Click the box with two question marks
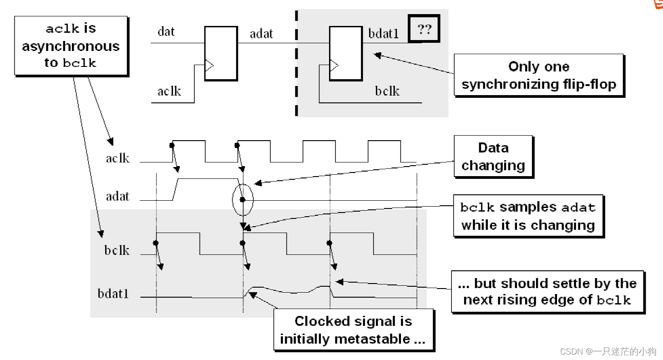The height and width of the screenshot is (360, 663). tap(424, 30)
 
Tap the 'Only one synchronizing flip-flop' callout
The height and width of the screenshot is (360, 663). tap(538, 75)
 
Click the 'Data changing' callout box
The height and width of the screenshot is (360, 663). tap(493, 156)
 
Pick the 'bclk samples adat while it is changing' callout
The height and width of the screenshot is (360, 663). tap(528, 216)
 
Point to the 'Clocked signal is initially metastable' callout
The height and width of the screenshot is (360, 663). tap(354, 330)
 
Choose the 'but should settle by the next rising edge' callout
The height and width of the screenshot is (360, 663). tap(547, 291)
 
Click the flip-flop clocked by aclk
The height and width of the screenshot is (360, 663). tap(221, 53)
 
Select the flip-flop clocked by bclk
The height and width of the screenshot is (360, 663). tap(346, 53)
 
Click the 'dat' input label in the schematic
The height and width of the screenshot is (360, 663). tap(166, 32)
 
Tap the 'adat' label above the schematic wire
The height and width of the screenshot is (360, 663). tap(261, 34)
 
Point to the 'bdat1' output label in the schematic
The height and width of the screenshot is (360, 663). tap(383, 34)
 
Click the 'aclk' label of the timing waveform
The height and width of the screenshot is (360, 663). tap(118, 158)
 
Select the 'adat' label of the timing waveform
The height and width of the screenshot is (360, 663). tap(117, 197)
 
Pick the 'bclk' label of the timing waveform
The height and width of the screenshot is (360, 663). tap(117, 250)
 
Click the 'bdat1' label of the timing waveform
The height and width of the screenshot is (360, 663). tap(113, 294)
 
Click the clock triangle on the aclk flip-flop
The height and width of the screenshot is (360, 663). tap(209, 66)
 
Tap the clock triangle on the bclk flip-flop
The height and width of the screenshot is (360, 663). tap(334, 66)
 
